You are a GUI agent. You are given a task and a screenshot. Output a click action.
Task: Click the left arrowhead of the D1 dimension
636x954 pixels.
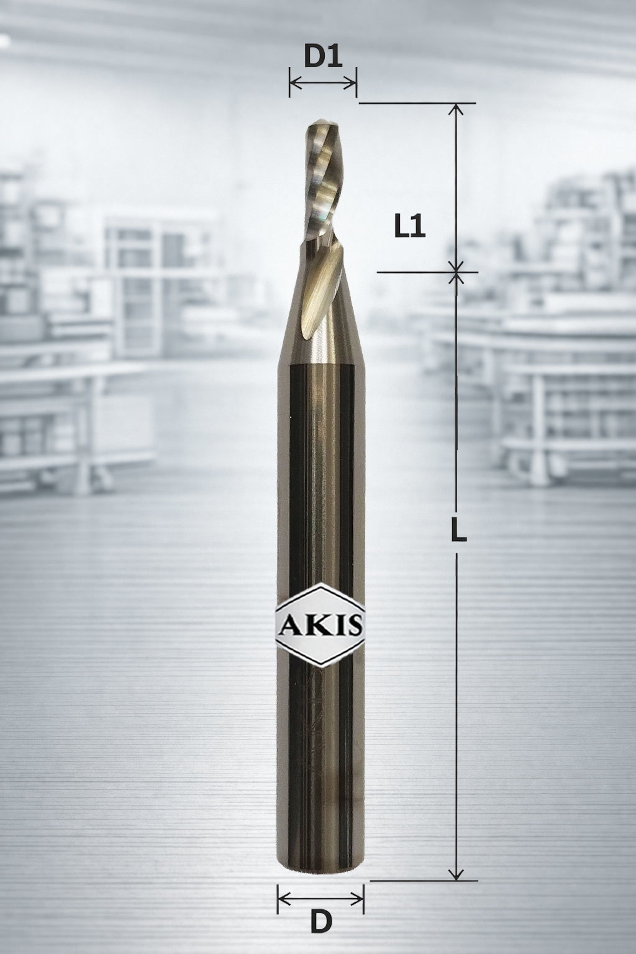294,84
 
